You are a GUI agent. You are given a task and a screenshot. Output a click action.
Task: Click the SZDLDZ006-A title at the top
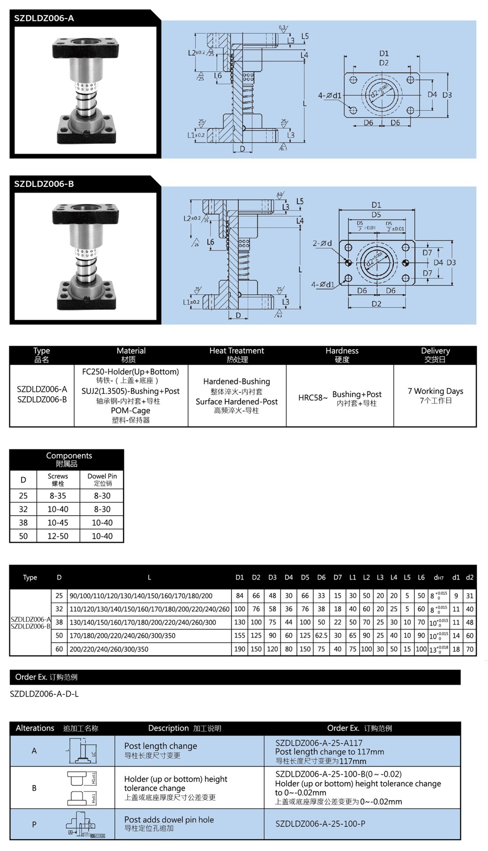click(44, 19)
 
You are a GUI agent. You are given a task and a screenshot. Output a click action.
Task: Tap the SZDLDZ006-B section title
click(44, 184)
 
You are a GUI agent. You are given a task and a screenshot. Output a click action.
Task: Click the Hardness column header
click(342, 355)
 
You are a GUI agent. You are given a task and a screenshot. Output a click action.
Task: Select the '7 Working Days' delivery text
click(435, 391)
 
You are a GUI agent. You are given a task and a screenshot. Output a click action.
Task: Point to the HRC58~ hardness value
click(313, 398)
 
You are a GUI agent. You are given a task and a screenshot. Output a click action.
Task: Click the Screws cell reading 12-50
click(58, 536)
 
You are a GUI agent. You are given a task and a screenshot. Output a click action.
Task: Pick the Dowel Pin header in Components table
click(102, 479)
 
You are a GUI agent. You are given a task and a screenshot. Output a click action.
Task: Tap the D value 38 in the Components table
click(23, 523)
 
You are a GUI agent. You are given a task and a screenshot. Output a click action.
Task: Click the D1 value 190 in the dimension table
click(240, 649)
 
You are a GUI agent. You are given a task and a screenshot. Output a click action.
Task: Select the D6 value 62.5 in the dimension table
click(321, 635)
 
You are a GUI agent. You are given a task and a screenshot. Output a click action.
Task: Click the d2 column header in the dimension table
click(469, 577)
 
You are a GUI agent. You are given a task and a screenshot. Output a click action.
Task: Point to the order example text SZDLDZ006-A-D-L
click(44, 694)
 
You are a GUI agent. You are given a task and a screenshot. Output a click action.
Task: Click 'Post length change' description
click(161, 746)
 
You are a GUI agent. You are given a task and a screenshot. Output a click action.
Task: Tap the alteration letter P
click(34, 824)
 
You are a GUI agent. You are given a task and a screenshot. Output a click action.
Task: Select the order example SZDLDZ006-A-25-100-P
click(320, 824)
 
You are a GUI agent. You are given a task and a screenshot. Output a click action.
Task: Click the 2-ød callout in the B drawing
click(322, 243)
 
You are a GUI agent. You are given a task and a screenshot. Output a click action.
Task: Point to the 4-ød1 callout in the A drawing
click(329, 96)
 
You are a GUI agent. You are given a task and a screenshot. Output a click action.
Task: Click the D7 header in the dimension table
click(338, 577)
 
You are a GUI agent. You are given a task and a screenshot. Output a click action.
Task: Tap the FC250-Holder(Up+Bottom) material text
click(130, 372)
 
